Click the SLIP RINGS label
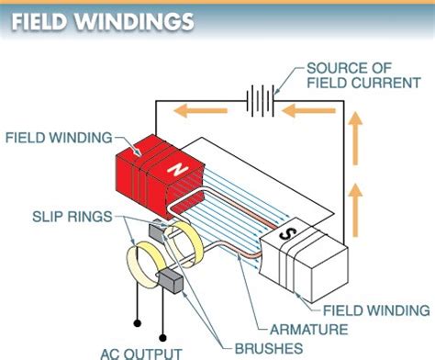(x=61, y=217)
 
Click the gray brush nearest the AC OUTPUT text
(x=172, y=279)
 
